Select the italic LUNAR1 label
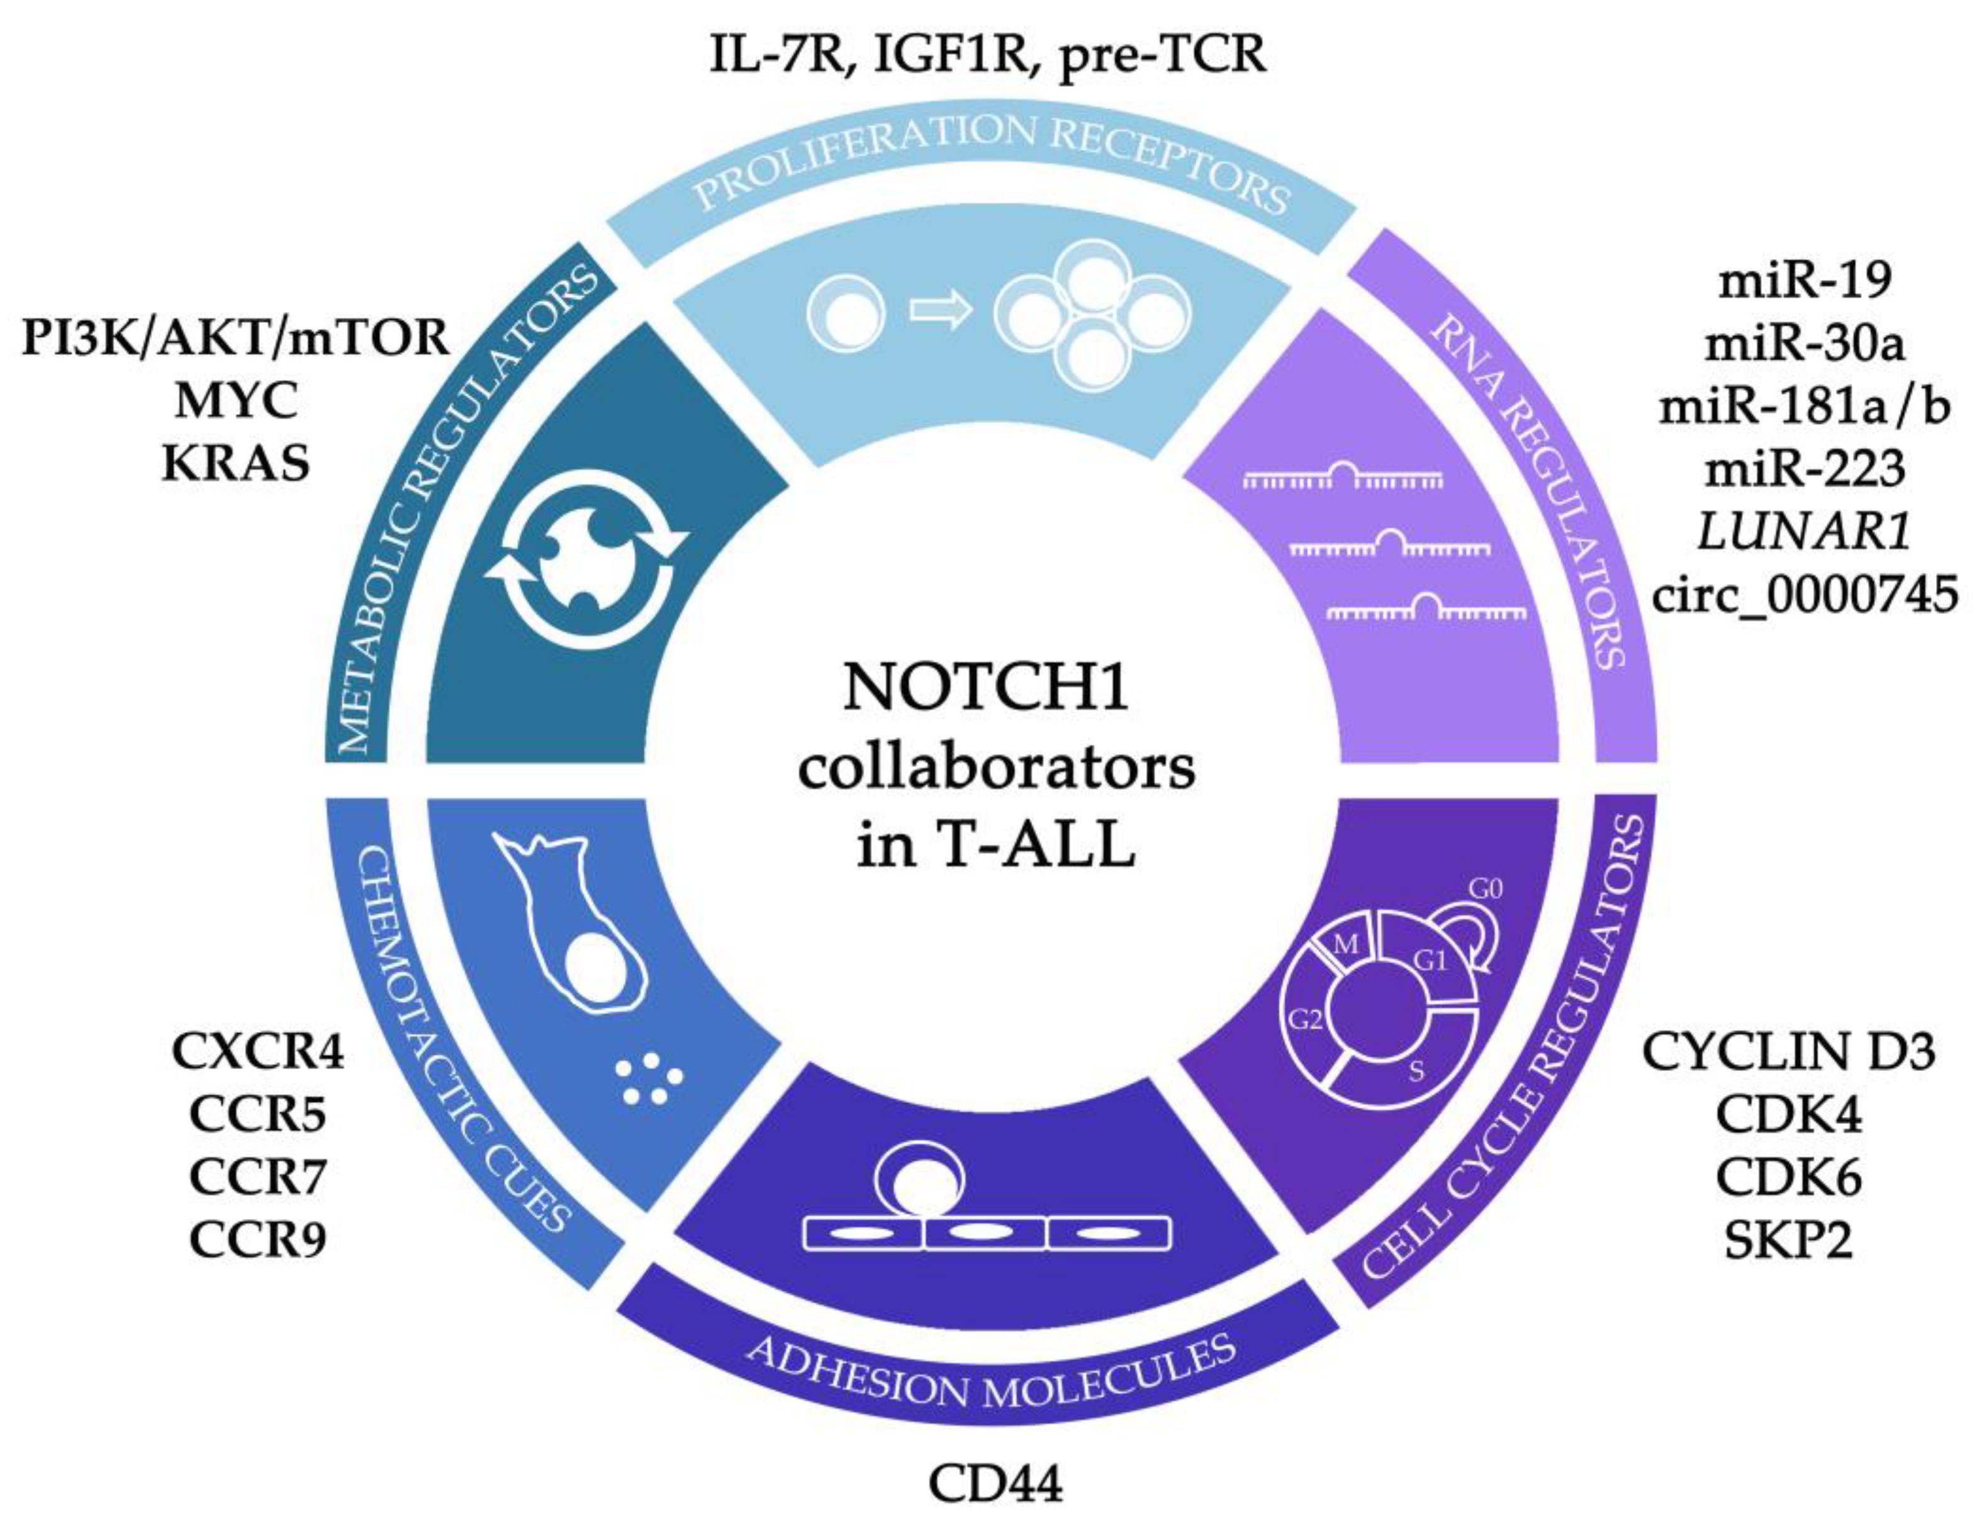1804,532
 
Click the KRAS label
235,464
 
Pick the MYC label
235,401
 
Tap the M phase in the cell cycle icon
1346,945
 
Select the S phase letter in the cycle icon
1416,1071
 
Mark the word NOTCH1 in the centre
986,687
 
